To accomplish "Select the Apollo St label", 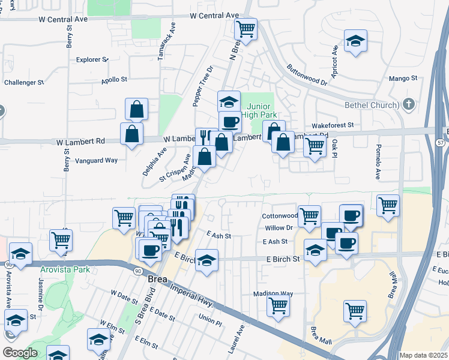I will (x=114, y=79).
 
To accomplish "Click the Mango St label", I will (x=403, y=78).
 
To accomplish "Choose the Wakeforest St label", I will (x=333, y=125).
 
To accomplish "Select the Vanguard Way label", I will (x=96, y=160).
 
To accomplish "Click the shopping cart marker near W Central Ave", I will (x=246, y=28).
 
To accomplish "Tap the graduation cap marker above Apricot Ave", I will (x=356, y=41).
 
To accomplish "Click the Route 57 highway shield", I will (x=442, y=142).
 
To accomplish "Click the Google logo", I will (x=20, y=353).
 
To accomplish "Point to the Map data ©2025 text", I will (x=423, y=355).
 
